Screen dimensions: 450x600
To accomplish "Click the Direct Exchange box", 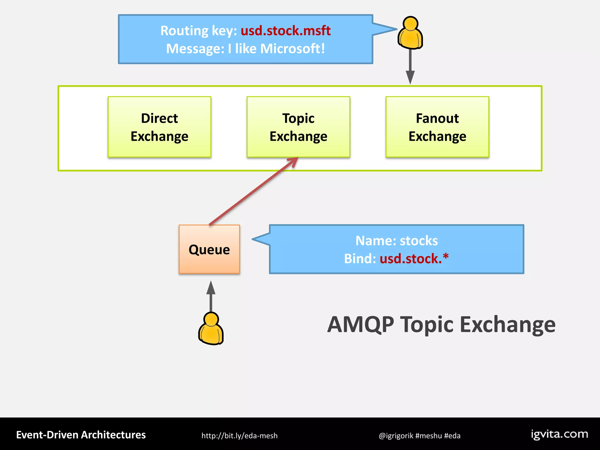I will coord(159,127).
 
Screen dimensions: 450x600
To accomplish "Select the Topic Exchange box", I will coord(298,127).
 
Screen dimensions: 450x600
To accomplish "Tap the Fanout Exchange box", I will coord(437,127).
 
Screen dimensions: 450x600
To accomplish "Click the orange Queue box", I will coord(209,249).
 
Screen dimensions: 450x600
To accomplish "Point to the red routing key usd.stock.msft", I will coord(286,31).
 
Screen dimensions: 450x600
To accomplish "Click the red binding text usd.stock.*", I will coord(414,259).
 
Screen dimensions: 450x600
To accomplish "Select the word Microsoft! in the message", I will coord(292,49).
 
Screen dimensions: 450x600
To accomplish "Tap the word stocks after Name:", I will coord(419,241).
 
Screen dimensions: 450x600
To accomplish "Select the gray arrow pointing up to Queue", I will coord(211,296).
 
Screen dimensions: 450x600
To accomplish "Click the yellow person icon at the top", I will coord(410,33).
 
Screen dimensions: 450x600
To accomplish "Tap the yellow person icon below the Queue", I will coord(211,329).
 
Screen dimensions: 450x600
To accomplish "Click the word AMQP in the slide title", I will coord(361,325).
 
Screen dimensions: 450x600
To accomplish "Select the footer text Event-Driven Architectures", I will coord(81,435).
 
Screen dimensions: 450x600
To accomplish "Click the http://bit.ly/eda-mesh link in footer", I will coord(239,436).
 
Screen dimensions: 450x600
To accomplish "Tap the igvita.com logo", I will coord(559,434).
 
